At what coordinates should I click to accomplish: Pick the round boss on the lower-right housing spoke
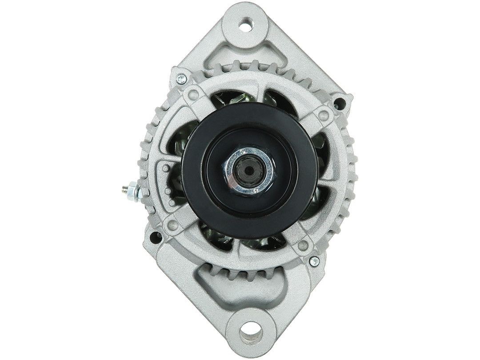(304, 244)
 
